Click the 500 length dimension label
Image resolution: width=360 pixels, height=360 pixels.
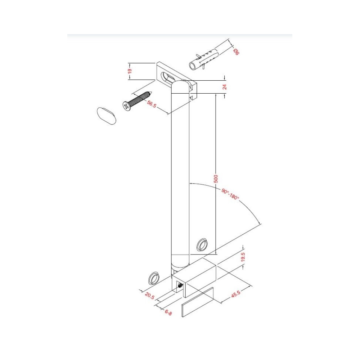coord(216,179)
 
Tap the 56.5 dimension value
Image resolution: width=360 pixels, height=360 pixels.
coord(152,104)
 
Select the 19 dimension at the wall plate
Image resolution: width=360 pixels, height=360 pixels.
coord(130,71)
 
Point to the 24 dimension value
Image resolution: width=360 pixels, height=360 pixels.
coord(225,87)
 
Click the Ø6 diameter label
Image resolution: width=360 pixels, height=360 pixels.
coord(236,52)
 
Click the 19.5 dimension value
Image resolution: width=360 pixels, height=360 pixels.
coord(243,257)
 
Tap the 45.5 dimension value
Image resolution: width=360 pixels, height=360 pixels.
coord(236,294)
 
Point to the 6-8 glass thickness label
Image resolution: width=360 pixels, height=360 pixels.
coord(168,312)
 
